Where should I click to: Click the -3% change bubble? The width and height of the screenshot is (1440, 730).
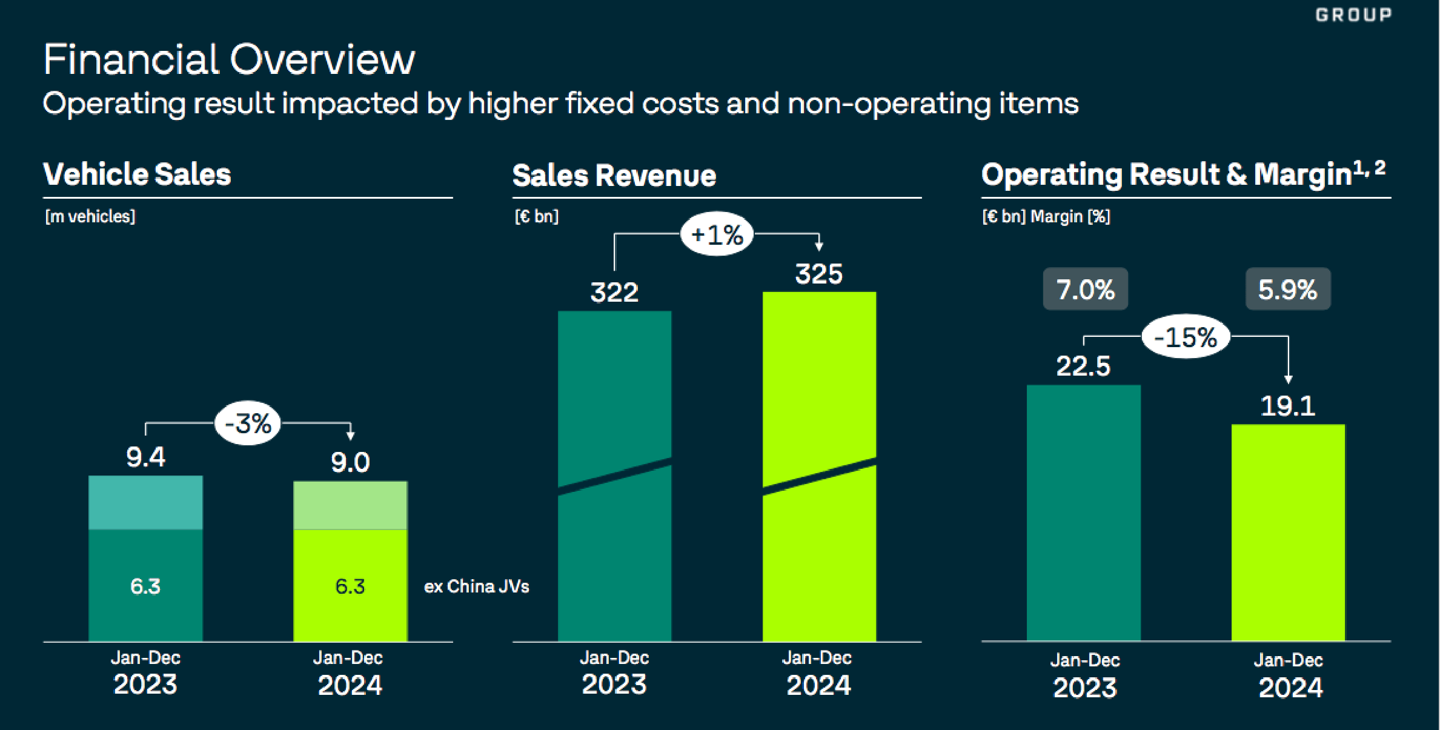tap(248, 423)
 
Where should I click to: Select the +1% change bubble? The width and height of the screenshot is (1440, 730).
tap(717, 234)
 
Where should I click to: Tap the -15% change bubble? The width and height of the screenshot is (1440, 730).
tap(1186, 337)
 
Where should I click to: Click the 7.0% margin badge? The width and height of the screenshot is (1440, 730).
tap(1085, 289)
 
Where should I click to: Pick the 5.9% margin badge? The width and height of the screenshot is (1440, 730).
tap(1288, 289)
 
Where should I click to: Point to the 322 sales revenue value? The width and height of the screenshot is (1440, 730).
tap(614, 293)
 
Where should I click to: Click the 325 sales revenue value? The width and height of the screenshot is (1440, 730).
tap(818, 274)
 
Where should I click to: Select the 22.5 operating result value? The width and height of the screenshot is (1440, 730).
tap(1083, 366)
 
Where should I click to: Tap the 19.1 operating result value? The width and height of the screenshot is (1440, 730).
tap(1288, 405)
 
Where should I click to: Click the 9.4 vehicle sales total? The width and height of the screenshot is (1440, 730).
tap(145, 457)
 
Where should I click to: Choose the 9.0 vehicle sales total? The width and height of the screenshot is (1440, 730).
tap(350, 463)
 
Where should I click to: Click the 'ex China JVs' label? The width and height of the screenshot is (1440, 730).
tap(476, 586)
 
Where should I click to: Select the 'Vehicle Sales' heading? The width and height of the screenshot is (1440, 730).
tap(137, 174)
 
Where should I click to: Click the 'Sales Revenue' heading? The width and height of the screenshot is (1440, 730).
tap(614, 176)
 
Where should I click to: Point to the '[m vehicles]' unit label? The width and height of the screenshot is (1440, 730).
tap(90, 216)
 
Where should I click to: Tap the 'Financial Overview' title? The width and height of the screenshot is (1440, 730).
tap(229, 59)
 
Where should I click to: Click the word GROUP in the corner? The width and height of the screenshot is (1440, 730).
tap(1353, 15)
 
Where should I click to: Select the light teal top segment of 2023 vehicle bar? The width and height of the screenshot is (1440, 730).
tap(145, 503)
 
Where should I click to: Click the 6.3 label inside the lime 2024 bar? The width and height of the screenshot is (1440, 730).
tap(350, 586)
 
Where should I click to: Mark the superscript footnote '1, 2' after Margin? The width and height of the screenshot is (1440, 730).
tap(1370, 168)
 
